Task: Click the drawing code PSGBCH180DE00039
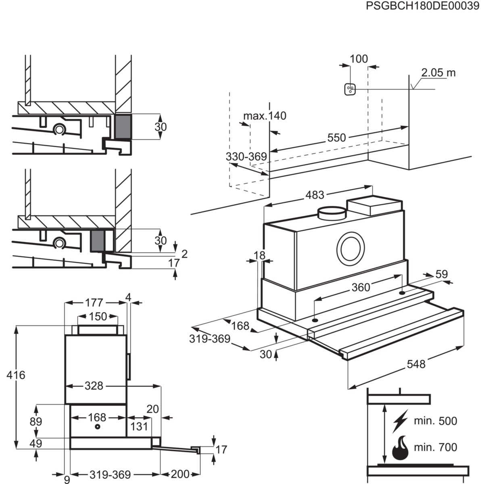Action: (x=422, y=7)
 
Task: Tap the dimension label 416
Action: (x=16, y=375)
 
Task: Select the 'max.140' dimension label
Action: (x=265, y=116)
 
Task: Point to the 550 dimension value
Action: (x=336, y=138)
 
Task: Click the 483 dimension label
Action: (x=315, y=195)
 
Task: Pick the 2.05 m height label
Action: (x=438, y=73)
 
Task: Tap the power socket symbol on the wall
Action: (x=350, y=90)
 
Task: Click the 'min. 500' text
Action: (x=436, y=421)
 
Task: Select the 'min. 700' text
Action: (x=436, y=447)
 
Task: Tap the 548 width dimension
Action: (x=416, y=364)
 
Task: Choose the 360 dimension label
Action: (x=361, y=287)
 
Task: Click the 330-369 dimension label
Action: (x=246, y=156)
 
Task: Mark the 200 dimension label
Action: (x=179, y=474)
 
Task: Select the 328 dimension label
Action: (x=94, y=386)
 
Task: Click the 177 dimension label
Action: (x=94, y=302)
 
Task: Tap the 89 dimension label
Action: (x=36, y=422)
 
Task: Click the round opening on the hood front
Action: (x=350, y=249)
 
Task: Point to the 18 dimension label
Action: (x=260, y=255)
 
